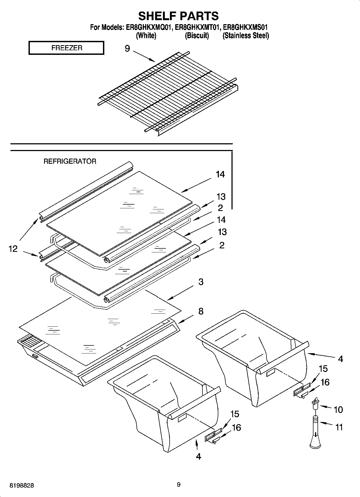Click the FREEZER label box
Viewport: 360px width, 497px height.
(66, 48)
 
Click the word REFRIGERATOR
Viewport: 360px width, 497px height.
(70, 161)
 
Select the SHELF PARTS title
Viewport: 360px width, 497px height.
(178, 16)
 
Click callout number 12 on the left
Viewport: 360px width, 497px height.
(13, 249)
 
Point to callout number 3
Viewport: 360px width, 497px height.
(201, 282)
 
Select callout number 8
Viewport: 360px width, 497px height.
(201, 311)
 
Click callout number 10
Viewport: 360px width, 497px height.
(338, 409)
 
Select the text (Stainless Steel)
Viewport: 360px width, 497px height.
(245, 35)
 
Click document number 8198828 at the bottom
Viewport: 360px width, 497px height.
(22, 485)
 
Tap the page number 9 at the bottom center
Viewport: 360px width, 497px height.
(179, 485)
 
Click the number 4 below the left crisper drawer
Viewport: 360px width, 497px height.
(198, 456)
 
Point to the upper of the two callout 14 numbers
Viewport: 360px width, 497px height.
(220, 174)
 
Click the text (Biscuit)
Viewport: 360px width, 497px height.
(197, 35)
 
